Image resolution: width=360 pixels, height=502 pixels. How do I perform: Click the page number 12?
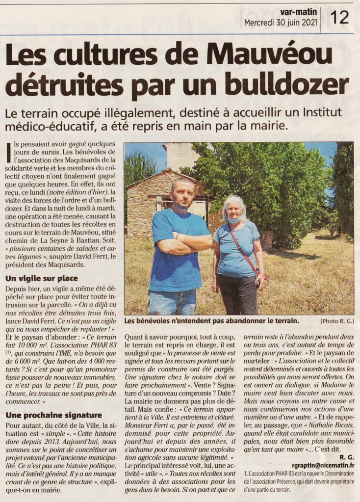(340, 17)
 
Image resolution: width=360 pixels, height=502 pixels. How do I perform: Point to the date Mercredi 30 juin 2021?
(281, 23)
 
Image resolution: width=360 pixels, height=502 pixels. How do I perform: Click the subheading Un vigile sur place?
(42, 278)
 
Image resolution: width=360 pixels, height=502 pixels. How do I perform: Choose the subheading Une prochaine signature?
(54, 415)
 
